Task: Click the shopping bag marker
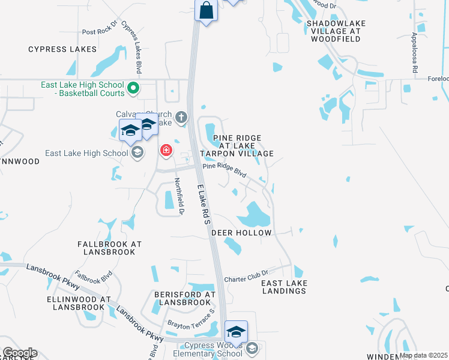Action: click(x=206, y=11)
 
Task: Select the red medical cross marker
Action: click(x=166, y=150)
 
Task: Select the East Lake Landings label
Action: click(x=285, y=287)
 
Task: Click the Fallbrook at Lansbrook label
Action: click(x=109, y=248)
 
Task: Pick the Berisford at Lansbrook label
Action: click(x=184, y=298)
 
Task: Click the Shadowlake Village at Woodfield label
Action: click(x=336, y=31)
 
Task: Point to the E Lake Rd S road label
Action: click(x=204, y=205)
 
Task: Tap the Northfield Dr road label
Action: click(x=178, y=196)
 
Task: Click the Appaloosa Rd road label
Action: click(x=415, y=53)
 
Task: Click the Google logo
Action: click(x=19, y=353)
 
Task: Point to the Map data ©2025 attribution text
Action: click(x=423, y=355)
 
